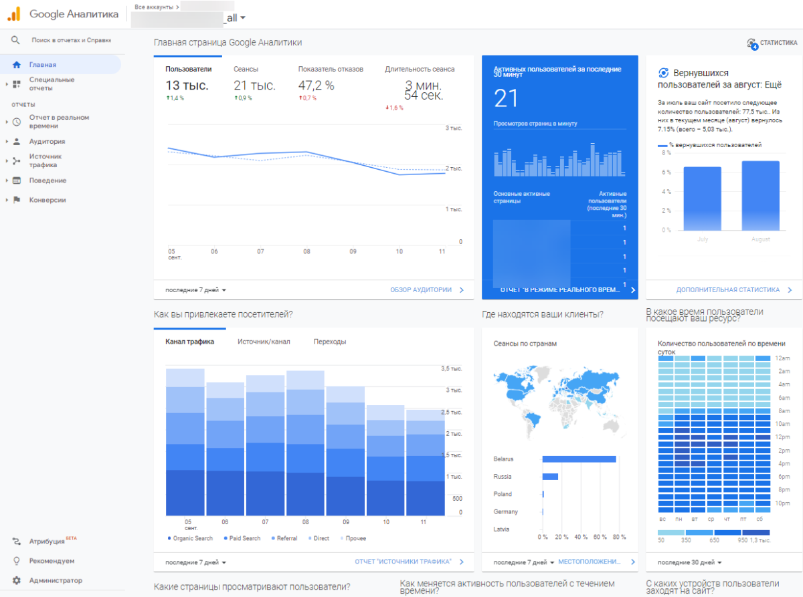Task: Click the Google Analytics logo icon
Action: [x=13, y=13]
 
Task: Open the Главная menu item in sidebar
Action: [x=42, y=65]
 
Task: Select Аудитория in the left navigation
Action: [x=47, y=142]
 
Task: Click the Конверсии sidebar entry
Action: [x=47, y=200]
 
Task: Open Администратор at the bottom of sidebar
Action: [x=55, y=580]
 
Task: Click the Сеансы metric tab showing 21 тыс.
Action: [x=254, y=86]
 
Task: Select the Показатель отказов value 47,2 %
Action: [x=316, y=86]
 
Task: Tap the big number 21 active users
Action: [x=507, y=98]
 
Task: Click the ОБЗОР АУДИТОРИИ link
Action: [x=421, y=290]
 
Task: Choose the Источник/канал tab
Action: [x=264, y=342]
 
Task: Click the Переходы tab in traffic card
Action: [x=330, y=342]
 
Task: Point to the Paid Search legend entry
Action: [x=244, y=538]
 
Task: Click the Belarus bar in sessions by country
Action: [x=579, y=459]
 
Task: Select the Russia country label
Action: [x=503, y=477]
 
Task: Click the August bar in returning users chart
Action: [x=760, y=195]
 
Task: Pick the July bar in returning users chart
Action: [x=702, y=199]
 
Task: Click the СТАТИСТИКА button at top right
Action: [x=772, y=43]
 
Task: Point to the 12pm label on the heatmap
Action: [x=783, y=437]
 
